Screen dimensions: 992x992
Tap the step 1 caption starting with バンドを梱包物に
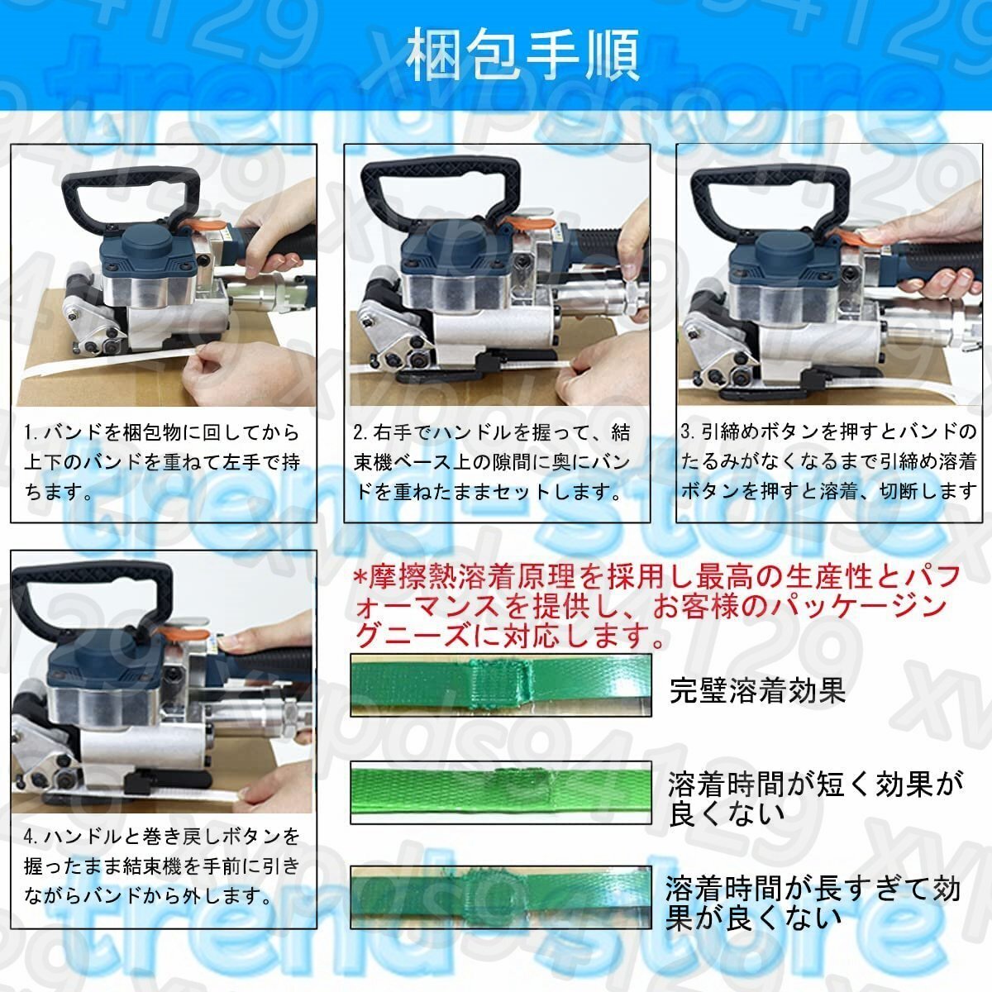point(162,462)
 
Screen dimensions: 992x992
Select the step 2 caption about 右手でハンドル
point(494,462)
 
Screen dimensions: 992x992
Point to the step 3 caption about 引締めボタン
point(829,462)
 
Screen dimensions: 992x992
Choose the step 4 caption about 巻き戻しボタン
point(162,866)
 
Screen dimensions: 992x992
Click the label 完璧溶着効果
point(758,690)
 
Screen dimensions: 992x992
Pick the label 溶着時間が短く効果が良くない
point(815,797)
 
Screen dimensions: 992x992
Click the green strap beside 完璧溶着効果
point(500,684)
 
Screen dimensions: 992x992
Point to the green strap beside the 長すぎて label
point(500,897)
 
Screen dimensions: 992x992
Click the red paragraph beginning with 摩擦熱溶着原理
point(657,606)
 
